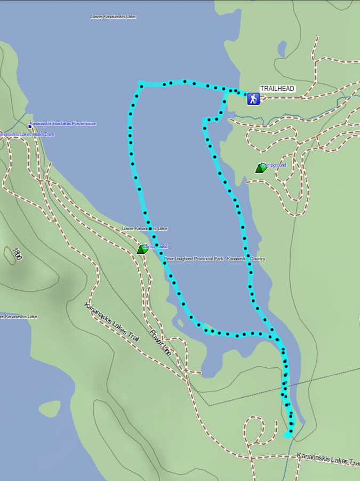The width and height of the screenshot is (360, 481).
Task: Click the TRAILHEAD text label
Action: point(277,89)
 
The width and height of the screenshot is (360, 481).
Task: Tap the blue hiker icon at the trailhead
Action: point(253,98)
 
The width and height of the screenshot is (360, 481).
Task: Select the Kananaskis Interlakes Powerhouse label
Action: point(63,124)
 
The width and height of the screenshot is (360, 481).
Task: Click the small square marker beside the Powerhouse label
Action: point(29,127)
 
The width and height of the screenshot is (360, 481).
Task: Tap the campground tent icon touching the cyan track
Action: point(142,249)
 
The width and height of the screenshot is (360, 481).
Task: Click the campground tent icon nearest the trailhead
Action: point(260,168)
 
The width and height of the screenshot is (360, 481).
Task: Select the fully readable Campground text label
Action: point(274,165)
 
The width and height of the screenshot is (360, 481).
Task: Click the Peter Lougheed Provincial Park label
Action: point(214,259)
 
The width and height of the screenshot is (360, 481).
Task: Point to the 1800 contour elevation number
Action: point(18,254)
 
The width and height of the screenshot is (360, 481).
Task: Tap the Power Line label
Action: point(160,343)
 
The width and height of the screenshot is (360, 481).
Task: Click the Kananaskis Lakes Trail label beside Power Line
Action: point(112,324)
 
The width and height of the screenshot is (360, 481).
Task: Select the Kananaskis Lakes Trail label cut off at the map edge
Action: point(328,458)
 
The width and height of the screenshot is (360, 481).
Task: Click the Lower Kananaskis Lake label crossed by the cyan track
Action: point(145,228)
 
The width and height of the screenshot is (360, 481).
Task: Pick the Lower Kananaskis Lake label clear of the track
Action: point(113,17)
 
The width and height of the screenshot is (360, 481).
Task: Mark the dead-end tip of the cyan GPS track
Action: point(288,435)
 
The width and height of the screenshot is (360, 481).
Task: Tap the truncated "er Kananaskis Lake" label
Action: point(19,317)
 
